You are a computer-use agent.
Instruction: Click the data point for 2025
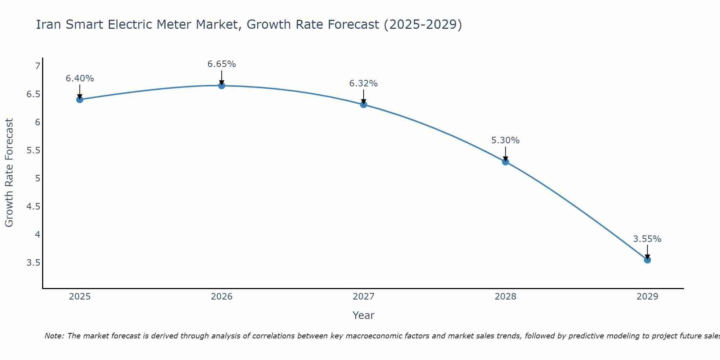coord(80,99)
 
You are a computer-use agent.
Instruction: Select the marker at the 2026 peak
coord(222,86)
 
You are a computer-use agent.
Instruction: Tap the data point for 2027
coord(364,104)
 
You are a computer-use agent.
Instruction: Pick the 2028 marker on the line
coord(505,162)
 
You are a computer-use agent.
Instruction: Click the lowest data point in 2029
coord(647,260)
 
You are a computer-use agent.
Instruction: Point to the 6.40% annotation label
coord(80,78)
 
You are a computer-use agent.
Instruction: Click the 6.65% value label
coord(222,64)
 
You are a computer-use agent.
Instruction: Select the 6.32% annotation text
coord(364,84)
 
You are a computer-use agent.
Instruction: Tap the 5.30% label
coord(505,140)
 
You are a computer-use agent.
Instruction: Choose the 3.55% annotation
coord(647,239)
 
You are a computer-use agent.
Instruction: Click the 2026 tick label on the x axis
coord(222,297)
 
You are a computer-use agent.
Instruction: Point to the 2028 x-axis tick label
coord(505,297)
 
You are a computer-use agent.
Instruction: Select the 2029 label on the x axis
coord(647,297)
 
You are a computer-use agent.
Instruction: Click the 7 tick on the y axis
coord(37,66)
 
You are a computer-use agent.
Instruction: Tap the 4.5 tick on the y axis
coord(33,207)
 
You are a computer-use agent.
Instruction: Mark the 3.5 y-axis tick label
coord(33,263)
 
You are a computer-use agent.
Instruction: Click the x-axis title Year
coord(364,315)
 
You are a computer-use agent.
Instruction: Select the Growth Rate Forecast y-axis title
coord(9,173)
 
